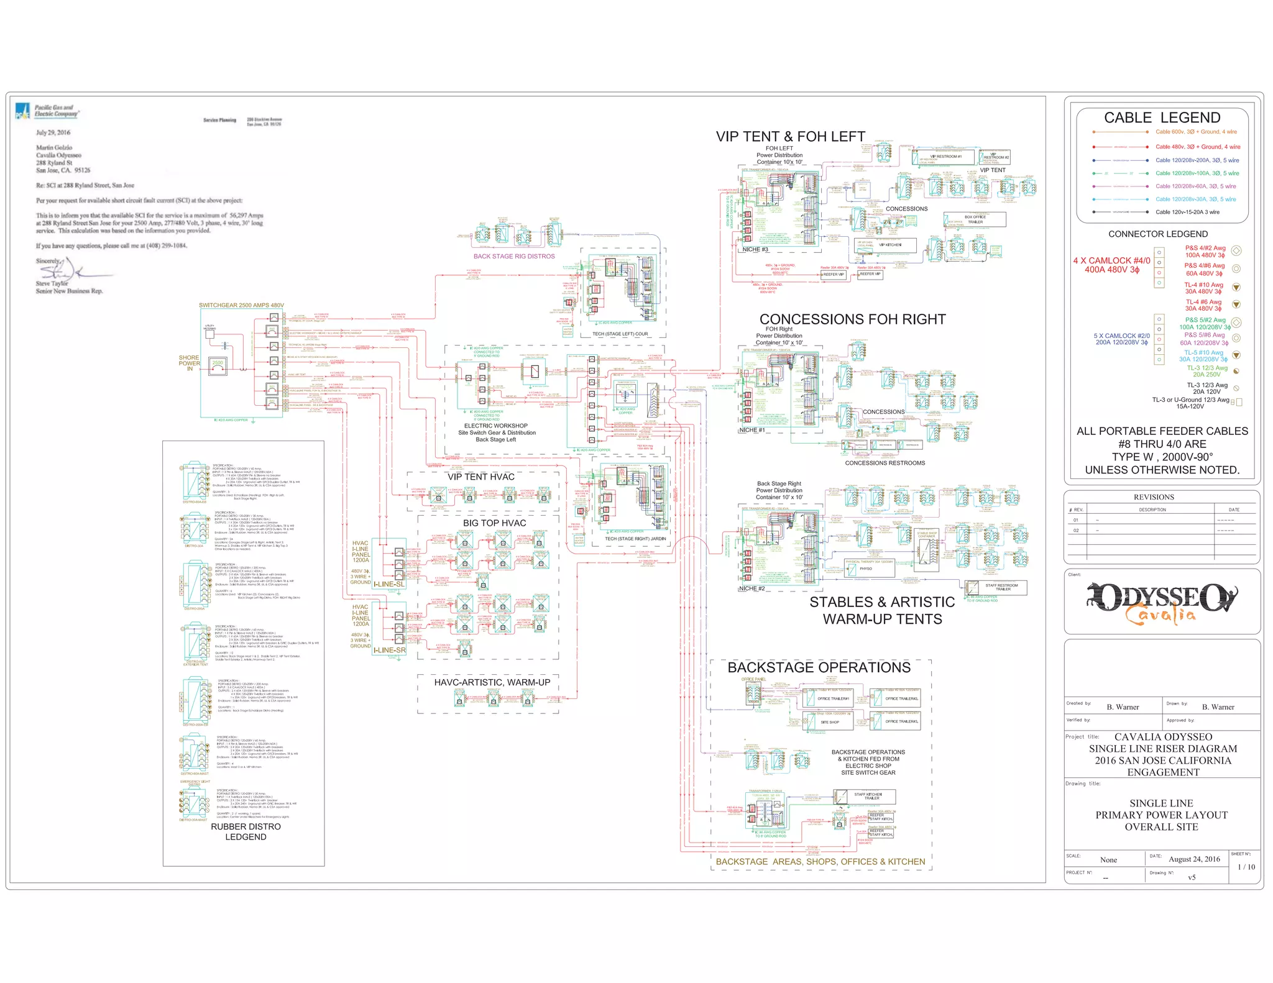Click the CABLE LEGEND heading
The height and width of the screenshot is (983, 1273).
[1162, 117]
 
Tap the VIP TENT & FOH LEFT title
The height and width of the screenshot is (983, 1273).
[790, 137]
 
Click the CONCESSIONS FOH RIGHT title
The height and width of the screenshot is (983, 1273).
[852, 319]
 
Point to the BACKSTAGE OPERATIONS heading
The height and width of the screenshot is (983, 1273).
[819, 667]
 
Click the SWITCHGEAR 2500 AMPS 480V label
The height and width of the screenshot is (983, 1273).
[241, 305]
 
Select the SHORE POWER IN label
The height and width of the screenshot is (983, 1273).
[190, 363]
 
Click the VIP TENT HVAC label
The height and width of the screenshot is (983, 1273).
[480, 477]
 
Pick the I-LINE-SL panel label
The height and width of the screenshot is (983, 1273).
[388, 584]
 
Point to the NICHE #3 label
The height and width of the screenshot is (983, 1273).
[755, 250]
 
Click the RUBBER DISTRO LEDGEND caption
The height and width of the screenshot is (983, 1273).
[246, 831]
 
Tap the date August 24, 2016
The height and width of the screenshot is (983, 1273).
[1193, 859]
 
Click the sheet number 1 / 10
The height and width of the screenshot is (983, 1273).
[1246, 867]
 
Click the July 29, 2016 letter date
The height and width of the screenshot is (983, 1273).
[53, 132]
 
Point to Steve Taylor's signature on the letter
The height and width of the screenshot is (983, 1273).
[68, 271]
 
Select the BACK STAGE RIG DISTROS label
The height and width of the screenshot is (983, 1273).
[513, 256]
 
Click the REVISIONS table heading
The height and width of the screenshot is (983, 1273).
[1154, 497]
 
